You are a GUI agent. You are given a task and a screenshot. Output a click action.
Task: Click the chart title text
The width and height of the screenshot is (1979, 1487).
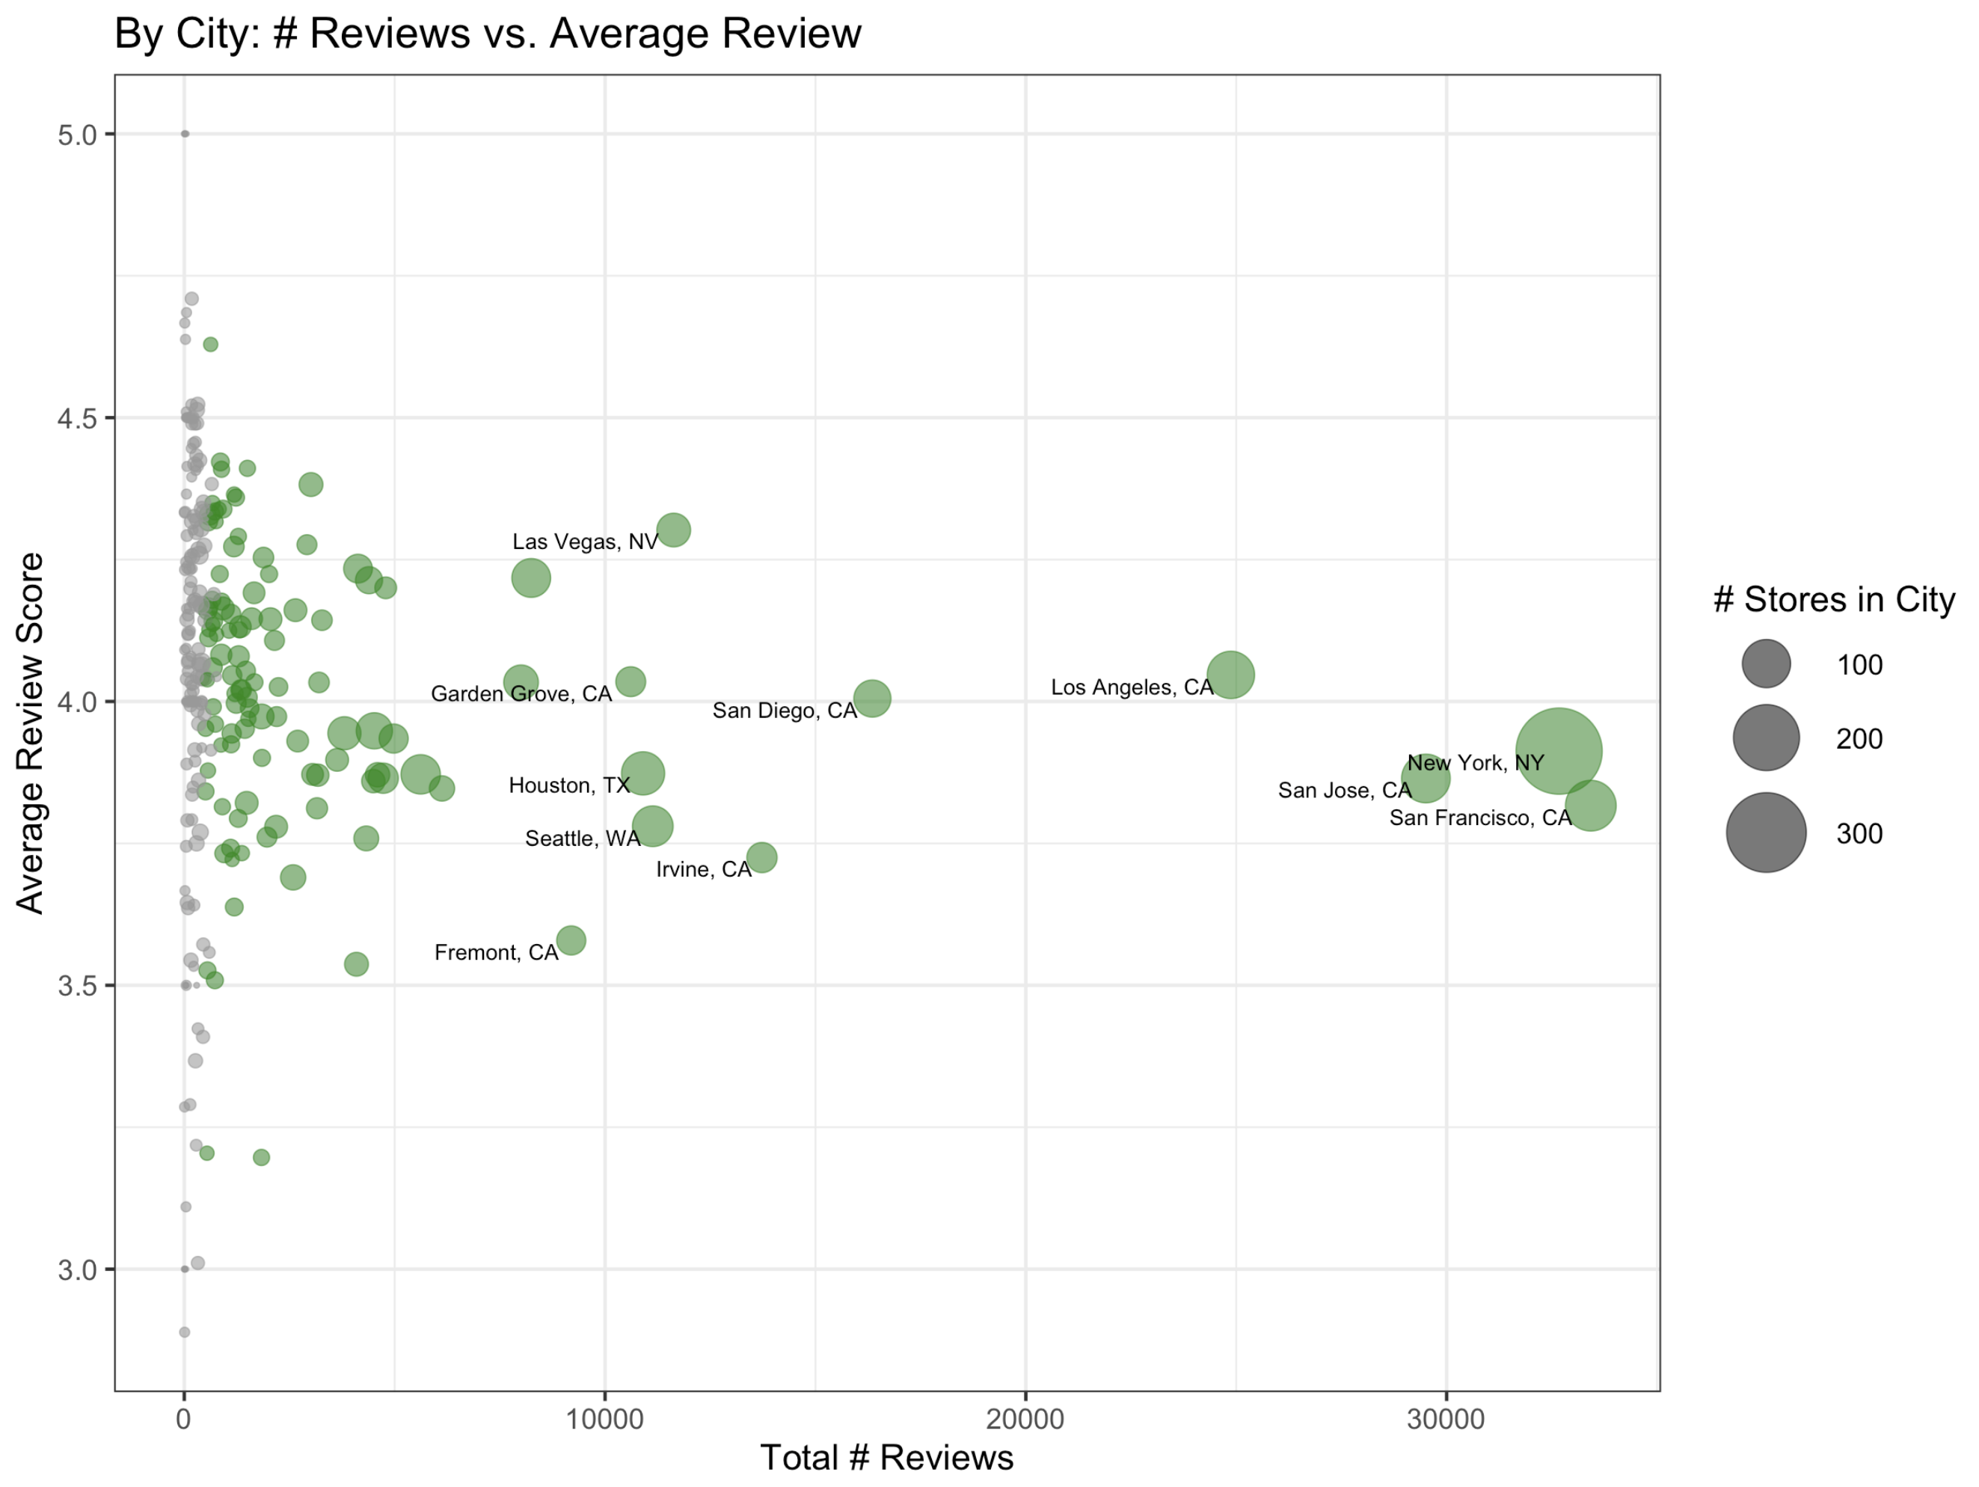pyautogui.click(x=488, y=34)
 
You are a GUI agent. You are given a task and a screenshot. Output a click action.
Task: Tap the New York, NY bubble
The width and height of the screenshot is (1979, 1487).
pyautogui.click(x=1558, y=751)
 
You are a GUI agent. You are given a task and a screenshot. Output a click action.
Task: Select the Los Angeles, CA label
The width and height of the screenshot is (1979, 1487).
pyautogui.click(x=1131, y=687)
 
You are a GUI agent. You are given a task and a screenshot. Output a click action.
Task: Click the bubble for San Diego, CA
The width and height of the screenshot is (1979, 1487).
pyautogui.click(x=871, y=698)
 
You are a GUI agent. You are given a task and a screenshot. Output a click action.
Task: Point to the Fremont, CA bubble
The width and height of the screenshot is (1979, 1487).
pyautogui.click(x=571, y=940)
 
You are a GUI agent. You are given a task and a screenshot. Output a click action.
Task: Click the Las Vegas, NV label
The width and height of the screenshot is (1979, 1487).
pyautogui.click(x=584, y=542)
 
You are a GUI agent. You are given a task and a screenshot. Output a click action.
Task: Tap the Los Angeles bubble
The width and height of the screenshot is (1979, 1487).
pyautogui.click(x=1230, y=674)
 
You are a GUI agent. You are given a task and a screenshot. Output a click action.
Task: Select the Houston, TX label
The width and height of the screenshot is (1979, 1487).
pyautogui.click(x=569, y=785)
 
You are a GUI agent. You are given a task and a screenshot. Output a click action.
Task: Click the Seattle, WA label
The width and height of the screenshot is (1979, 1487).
pyautogui.click(x=583, y=838)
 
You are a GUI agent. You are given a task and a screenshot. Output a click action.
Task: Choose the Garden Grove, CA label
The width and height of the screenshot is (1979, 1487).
pyautogui.click(x=521, y=694)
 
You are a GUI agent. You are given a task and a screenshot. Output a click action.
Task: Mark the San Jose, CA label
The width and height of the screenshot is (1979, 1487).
pyautogui.click(x=1344, y=790)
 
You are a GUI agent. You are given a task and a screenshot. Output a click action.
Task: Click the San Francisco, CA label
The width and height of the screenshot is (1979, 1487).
pyautogui.click(x=1480, y=818)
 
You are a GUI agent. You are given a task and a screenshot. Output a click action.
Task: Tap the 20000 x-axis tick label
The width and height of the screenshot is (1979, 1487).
pyautogui.click(x=1025, y=1419)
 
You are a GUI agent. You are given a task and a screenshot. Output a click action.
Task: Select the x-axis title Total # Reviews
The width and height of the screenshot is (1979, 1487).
pyautogui.click(x=886, y=1458)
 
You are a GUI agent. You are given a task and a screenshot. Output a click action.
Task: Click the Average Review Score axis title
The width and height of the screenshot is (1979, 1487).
pyautogui.click(x=31, y=733)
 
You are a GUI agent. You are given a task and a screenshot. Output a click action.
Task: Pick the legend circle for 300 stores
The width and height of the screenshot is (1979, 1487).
pyautogui.click(x=1765, y=832)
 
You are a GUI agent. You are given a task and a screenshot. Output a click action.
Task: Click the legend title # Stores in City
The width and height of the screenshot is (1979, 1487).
pyautogui.click(x=1833, y=599)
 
